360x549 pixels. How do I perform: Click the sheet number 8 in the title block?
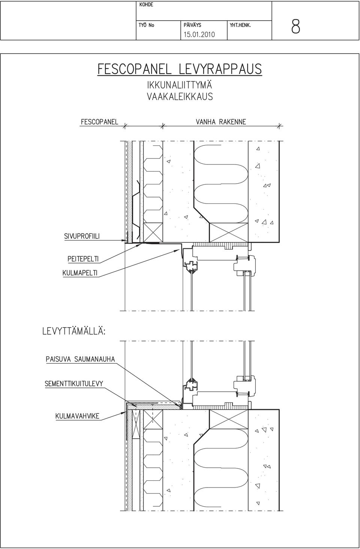tap(295, 27)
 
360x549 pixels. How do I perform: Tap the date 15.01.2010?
tap(199, 34)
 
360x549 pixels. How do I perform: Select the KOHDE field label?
tap(146, 4)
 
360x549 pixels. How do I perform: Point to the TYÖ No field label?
tap(146, 25)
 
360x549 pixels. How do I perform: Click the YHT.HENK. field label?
tap(240, 25)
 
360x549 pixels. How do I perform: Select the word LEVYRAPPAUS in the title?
tap(220, 69)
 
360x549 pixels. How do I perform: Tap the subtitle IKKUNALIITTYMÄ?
tap(180, 85)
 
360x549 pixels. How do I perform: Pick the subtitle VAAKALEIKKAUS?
tap(180, 97)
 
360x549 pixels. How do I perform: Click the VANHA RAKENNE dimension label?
tap(221, 122)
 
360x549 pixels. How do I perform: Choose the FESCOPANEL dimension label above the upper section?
tap(100, 122)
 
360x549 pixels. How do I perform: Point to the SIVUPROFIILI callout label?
tap(82, 236)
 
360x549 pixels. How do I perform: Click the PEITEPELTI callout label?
tap(83, 259)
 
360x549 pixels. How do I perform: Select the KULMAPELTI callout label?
tap(80, 273)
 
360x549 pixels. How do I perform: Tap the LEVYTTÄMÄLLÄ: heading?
tap(74, 332)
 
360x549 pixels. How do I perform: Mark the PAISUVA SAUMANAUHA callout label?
tap(80, 359)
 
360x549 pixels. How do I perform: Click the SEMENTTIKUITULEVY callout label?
tap(74, 384)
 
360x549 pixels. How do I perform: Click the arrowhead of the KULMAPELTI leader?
tap(178, 250)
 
